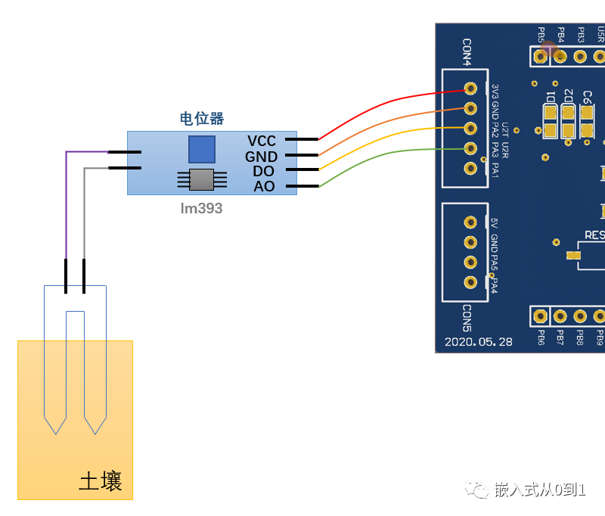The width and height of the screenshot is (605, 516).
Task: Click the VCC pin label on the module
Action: tap(262, 141)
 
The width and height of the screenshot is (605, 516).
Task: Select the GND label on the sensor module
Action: tap(261, 157)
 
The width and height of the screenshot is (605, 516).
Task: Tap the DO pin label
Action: tap(263, 172)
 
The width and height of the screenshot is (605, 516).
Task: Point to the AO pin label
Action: tap(264, 187)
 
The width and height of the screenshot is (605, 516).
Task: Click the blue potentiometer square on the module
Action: tap(202, 149)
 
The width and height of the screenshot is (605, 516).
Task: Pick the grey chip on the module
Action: tap(202, 179)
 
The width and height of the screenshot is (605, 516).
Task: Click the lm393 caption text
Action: tap(201, 208)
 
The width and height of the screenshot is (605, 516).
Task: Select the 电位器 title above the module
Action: tap(201, 119)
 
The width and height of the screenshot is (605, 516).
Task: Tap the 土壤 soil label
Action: tap(101, 482)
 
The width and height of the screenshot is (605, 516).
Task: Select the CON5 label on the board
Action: tap(467, 318)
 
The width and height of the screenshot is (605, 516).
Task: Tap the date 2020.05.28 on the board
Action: tap(479, 341)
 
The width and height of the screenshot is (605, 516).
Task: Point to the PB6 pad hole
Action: tap(541, 316)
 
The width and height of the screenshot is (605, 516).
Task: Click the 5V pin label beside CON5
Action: tap(494, 223)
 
